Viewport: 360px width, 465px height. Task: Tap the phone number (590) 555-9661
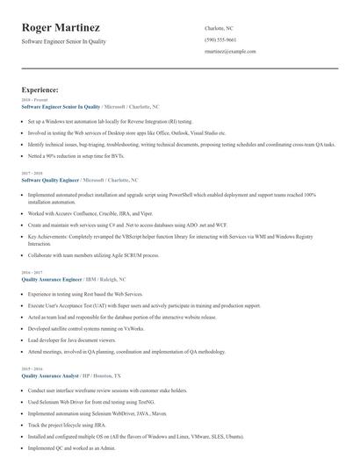point(220,40)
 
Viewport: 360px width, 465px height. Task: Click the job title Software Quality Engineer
point(49,179)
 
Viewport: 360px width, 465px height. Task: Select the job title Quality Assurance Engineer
point(52,278)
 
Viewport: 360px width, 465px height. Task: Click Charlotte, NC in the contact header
point(220,28)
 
